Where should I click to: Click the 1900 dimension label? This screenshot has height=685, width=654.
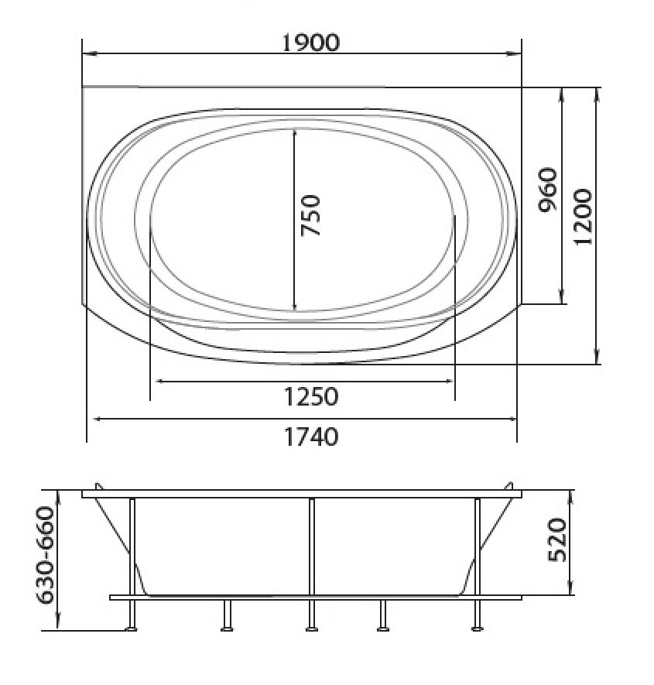click(310, 43)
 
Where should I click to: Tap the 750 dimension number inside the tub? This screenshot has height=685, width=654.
click(310, 215)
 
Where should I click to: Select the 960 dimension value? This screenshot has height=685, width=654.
click(547, 190)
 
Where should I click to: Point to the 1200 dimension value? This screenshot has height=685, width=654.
click(583, 217)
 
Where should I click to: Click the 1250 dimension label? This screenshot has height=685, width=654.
click(310, 396)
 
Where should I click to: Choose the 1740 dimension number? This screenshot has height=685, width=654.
click(311, 437)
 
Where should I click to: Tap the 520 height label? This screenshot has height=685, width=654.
click(557, 539)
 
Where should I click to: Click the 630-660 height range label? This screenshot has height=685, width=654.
click(45, 555)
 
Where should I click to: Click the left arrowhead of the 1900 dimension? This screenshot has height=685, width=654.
click(89, 53)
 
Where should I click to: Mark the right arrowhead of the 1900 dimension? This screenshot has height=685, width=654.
click(514, 53)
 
